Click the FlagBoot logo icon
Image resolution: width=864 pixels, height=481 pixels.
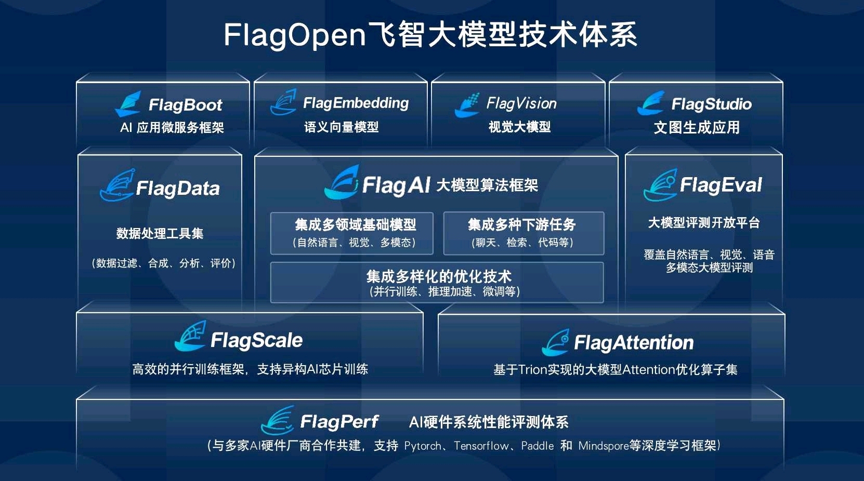tap(128, 104)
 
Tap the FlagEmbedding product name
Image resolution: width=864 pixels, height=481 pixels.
tap(356, 103)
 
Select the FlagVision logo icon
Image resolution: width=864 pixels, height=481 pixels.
tap(467, 105)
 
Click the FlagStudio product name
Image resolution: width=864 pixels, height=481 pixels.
tap(711, 104)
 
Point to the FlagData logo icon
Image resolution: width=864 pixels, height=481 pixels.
tap(117, 185)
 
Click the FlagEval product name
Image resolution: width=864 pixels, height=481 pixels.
tap(721, 185)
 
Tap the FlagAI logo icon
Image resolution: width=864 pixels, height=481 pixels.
tap(342, 183)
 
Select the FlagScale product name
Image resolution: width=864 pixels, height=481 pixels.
tap(256, 341)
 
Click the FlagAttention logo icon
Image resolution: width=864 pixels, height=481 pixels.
tap(555, 343)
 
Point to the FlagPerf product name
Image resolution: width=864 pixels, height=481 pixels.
tap(339, 422)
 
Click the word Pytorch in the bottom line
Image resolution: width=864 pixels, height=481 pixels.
tap(423, 446)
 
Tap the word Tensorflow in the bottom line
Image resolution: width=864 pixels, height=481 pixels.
tap(481, 446)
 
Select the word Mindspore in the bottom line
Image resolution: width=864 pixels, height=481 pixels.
tap(603, 446)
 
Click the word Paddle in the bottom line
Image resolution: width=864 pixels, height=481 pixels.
tap(537, 446)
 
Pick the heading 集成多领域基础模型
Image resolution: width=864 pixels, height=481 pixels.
tap(355, 225)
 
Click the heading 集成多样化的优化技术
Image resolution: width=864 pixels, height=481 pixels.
tap(439, 276)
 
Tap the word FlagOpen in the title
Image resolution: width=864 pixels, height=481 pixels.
tap(295, 35)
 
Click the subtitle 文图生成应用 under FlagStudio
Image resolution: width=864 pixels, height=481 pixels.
tap(697, 128)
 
